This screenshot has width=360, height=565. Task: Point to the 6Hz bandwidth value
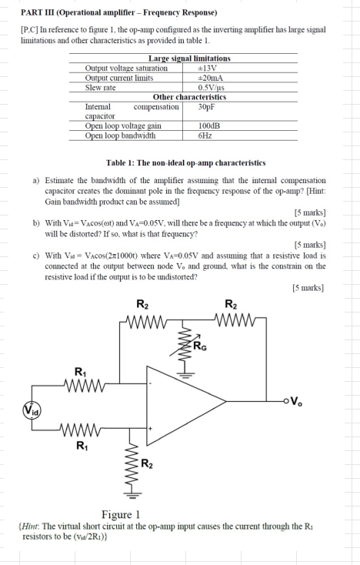[204, 135]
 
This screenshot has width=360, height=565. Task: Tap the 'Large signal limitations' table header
[188, 59]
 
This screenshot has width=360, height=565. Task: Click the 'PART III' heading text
[39, 13]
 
